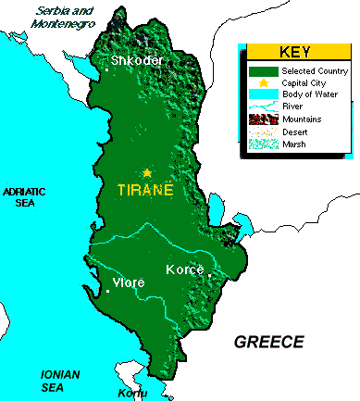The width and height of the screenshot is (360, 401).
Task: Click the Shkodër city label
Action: (x=137, y=61)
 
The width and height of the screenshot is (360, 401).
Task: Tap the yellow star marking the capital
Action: (x=146, y=172)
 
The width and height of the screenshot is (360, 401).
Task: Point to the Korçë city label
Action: (x=185, y=269)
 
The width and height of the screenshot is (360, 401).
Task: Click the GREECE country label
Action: (x=268, y=342)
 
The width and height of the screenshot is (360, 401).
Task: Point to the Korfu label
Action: (x=132, y=394)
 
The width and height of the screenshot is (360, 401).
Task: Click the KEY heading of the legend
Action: (x=298, y=52)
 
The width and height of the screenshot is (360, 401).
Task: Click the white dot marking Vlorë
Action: (x=108, y=291)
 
